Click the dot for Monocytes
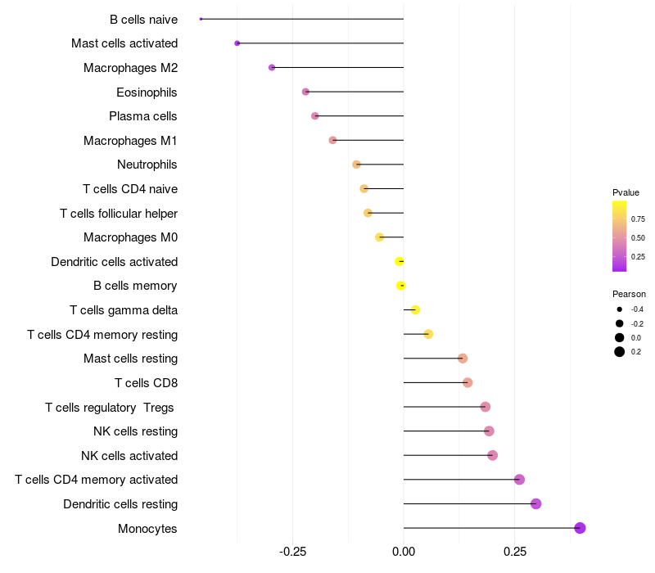(x=580, y=528)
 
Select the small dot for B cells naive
(x=201, y=19)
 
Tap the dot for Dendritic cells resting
(x=535, y=503)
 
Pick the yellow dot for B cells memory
(x=400, y=286)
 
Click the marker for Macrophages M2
(x=272, y=67)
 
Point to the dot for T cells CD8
(x=468, y=382)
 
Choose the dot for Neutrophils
(x=356, y=165)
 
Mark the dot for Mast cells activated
(x=237, y=43)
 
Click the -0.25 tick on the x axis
(x=292, y=552)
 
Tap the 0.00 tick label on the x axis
(x=404, y=552)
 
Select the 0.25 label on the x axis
(x=515, y=552)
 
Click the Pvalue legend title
(x=626, y=192)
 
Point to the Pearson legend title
(x=629, y=294)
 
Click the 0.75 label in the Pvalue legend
(x=638, y=219)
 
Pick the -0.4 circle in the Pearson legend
(x=619, y=309)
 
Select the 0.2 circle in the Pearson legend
(x=619, y=352)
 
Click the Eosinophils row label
(x=147, y=92)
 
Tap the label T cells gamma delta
(x=124, y=310)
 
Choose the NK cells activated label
(x=129, y=456)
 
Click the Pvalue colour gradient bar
(x=619, y=237)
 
